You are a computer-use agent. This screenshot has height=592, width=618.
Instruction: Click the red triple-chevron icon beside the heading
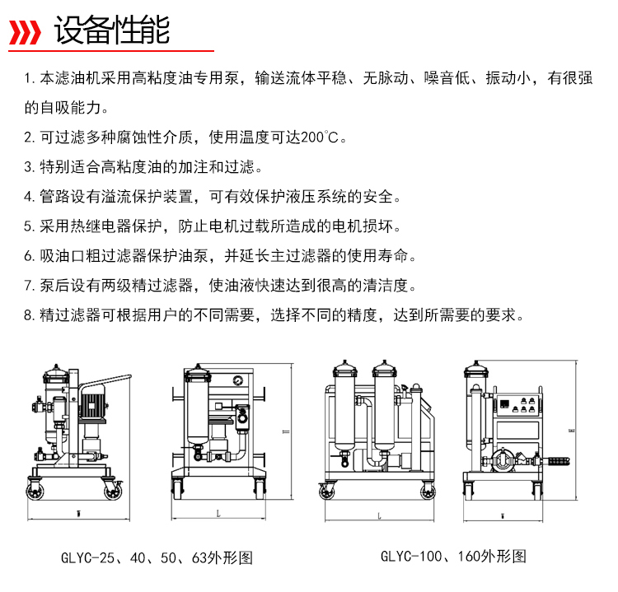(x=25, y=32)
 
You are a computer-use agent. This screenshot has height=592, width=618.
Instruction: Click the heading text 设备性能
(x=112, y=30)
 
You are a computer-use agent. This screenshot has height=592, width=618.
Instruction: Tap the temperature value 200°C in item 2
(x=320, y=138)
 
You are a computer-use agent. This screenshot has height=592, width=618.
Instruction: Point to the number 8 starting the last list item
(x=27, y=315)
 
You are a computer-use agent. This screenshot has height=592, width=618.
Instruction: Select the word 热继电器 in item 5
(x=101, y=226)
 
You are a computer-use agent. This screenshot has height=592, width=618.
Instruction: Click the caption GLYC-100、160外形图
(x=454, y=556)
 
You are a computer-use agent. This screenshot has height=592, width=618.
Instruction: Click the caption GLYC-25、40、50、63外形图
(x=157, y=557)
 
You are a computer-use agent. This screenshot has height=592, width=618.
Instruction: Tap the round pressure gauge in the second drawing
(x=238, y=381)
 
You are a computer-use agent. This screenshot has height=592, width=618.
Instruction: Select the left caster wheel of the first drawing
(x=35, y=492)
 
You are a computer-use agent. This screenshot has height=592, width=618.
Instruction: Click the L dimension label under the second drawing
(x=218, y=513)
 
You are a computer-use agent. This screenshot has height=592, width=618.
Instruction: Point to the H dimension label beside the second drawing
(x=287, y=432)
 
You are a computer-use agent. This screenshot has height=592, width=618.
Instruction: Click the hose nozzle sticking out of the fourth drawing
(x=556, y=461)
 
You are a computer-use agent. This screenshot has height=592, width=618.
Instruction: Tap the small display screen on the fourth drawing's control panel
(x=505, y=403)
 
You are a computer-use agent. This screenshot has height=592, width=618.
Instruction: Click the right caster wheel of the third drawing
(x=428, y=492)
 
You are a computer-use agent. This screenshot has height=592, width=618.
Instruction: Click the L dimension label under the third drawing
(x=379, y=515)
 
